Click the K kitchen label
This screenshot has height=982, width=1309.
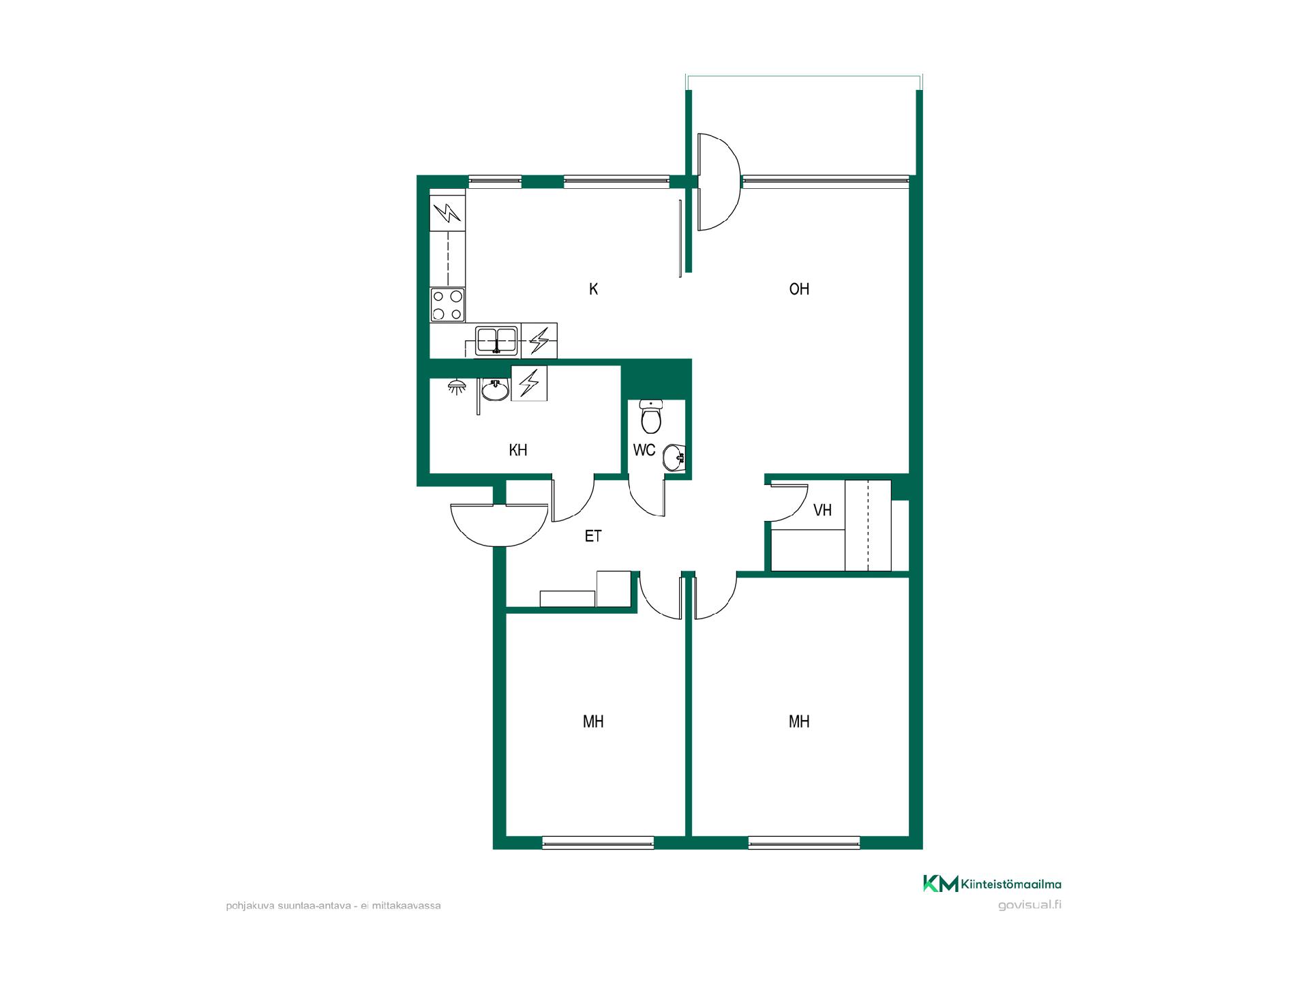[x=593, y=289]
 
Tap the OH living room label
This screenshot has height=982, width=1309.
[x=799, y=289]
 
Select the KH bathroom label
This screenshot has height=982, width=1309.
[x=518, y=450]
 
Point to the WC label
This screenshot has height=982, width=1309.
[x=644, y=450]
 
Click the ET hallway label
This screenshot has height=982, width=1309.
[x=593, y=536]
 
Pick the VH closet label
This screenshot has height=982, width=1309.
[x=823, y=510]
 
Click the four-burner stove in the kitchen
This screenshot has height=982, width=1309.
[x=447, y=305]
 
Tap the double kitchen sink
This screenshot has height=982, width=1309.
[x=496, y=340]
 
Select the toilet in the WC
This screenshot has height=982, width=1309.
[x=651, y=416]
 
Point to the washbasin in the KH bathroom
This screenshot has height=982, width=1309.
[x=495, y=391]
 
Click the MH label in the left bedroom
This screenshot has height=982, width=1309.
[x=593, y=721]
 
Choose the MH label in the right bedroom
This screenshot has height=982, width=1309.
[x=799, y=721]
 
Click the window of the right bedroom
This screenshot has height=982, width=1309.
[x=804, y=843]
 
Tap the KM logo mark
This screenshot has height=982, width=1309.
[x=941, y=883]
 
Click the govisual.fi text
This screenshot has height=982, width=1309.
[x=1029, y=905]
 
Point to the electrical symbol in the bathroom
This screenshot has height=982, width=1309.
[x=529, y=383]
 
